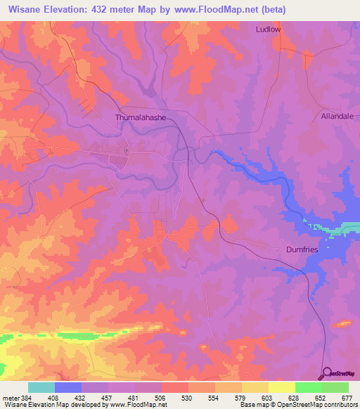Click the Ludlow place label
pos(268,30)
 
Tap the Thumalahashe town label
pos(141,118)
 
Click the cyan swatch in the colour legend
pos(41,387)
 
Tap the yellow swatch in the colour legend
pos(282,387)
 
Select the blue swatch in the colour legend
pos(68,387)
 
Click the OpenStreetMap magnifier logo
pos(326,373)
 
